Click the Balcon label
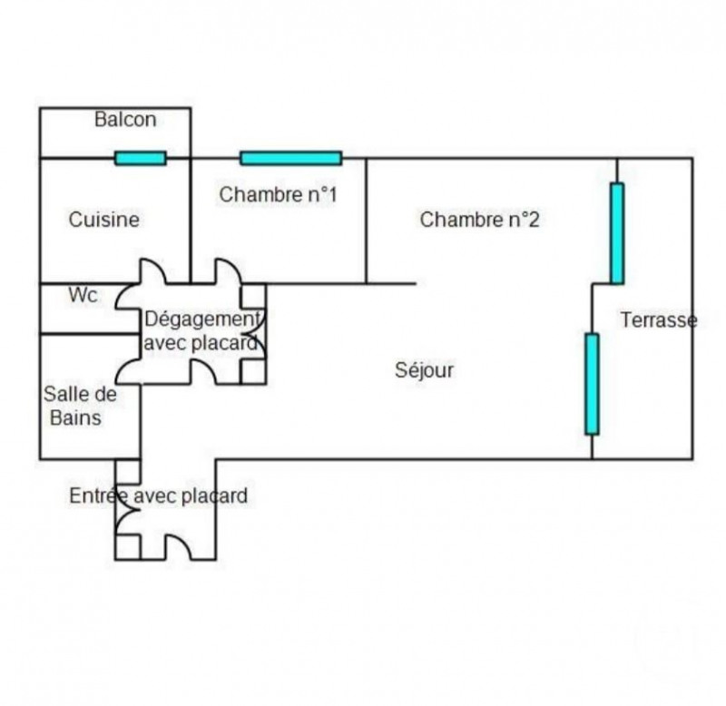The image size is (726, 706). [x=125, y=120]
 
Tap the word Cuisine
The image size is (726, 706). [x=103, y=220]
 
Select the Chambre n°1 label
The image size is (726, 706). [x=278, y=194]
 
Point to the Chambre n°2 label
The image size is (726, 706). [x=479, y=220]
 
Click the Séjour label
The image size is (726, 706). [x=424, y=370]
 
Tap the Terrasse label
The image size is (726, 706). [x=659, y=320]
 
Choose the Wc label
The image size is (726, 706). [x=83, y=295]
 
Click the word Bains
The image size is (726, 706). [x=75, y=417]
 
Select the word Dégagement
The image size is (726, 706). [x=202, y=319]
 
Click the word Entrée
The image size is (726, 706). [x=99, y=495]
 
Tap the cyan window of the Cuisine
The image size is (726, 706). [x=141, y=158]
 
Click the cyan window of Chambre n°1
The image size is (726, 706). [x=291, y=158]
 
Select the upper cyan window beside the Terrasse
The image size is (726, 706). [x=617, y=233]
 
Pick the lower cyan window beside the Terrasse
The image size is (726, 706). [x=592, y=384]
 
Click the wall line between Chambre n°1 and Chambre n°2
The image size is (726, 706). [x=366, y=221]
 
